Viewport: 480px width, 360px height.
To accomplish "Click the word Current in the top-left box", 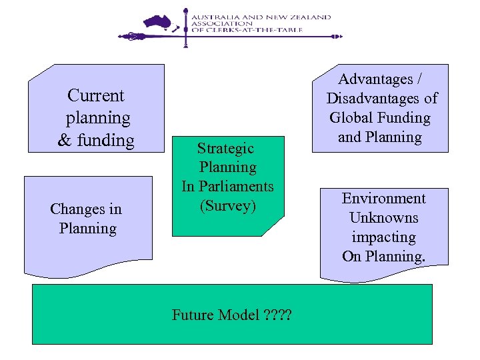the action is pos(96,95).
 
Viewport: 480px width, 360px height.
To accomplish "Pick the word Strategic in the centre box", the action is pos(225,148).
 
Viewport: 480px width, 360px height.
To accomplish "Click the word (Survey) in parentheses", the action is pos(228,205).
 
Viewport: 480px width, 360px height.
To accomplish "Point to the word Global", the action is pos(352,118).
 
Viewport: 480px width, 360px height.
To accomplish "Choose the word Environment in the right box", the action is pos(383,199).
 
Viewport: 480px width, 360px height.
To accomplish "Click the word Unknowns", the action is pos(383,218).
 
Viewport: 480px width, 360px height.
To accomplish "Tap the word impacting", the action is pos(383,237).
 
